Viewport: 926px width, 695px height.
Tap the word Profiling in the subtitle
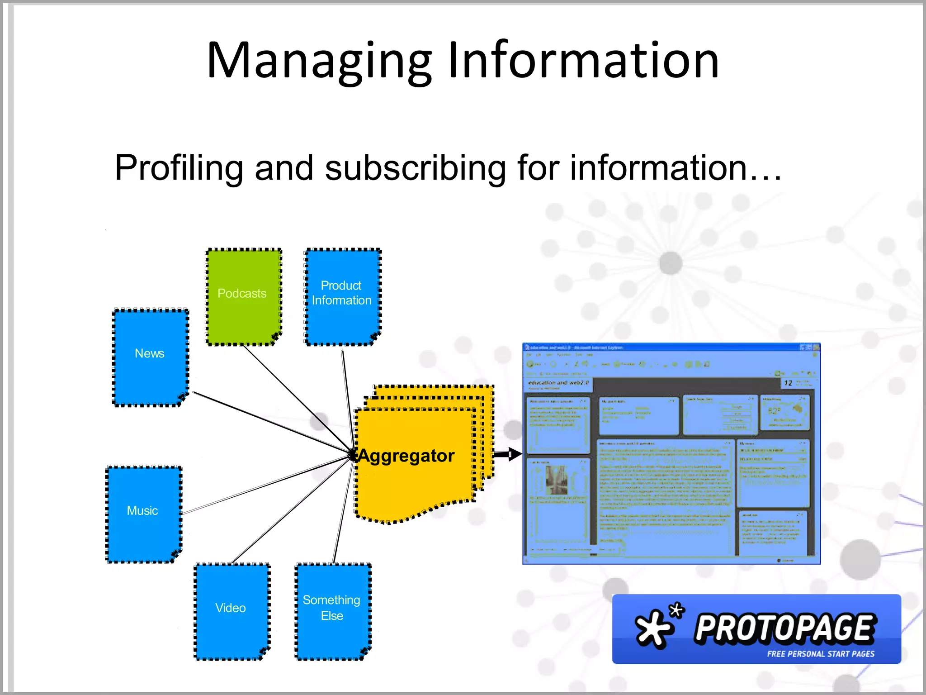pos(179,168)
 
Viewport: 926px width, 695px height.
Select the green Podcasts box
pos(244,296)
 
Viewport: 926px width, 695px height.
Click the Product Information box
pos(342,296)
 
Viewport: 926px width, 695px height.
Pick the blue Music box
pos(143,514)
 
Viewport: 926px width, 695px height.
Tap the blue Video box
pos(231,611)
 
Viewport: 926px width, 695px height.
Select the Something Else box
pos(333,611)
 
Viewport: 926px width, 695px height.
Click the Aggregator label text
pos(406,456)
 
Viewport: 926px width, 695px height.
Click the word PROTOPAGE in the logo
pos(785,629)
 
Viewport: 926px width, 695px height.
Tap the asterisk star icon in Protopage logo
pos(656,627)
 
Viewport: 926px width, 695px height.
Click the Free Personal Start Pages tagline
pos(820,654)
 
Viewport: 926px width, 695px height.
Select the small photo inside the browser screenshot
pos(556,480)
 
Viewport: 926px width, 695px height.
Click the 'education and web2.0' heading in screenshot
pos(558,383)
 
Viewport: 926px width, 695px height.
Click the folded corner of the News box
pos(182,397)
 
